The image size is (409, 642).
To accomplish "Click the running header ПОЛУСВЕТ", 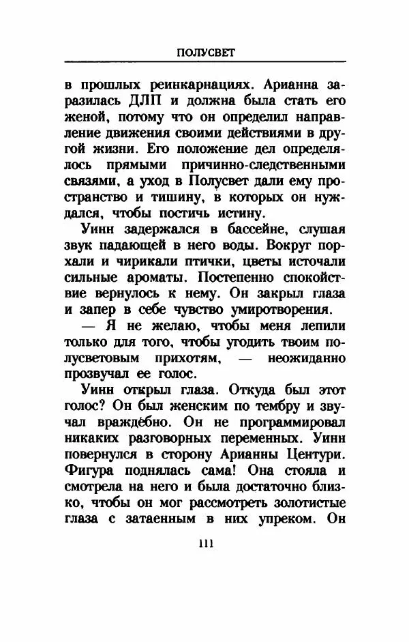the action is click(x=205, y=53).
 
